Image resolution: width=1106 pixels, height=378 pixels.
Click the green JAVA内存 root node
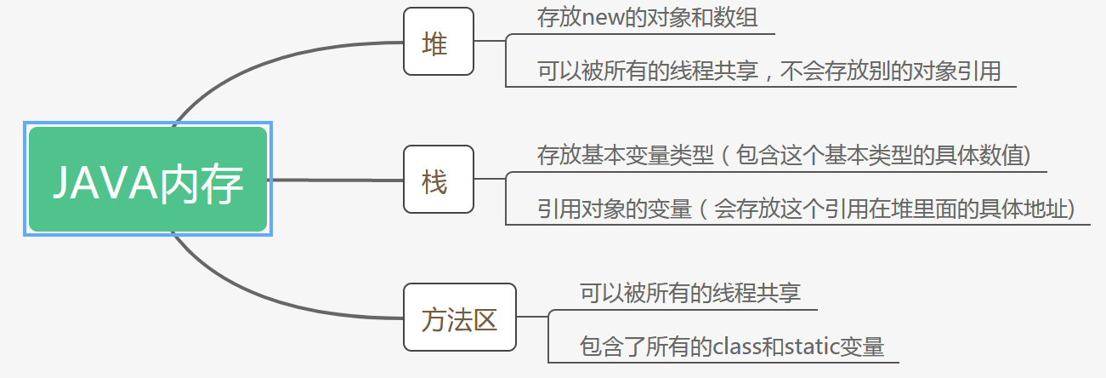(x=148, y=179)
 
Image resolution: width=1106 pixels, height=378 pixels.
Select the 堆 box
(x=438, y=42)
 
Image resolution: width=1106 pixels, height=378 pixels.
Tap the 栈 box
(x=438, y=180)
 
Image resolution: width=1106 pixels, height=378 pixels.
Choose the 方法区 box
(x=459, y=318)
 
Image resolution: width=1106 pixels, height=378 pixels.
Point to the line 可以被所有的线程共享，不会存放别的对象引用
(x=769, y=71)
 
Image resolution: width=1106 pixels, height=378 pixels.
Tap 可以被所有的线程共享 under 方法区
(x=690, y=294)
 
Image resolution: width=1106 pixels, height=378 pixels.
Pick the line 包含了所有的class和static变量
(x=732, y=346)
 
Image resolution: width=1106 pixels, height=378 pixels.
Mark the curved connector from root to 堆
(x=255, y=61)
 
